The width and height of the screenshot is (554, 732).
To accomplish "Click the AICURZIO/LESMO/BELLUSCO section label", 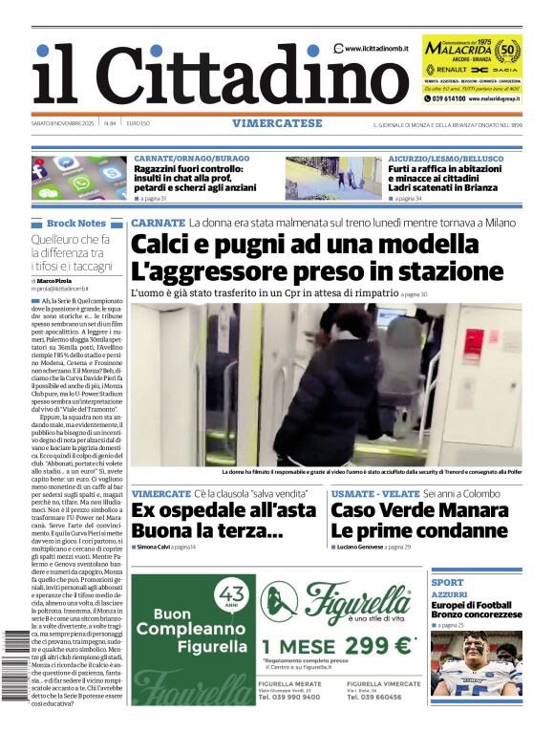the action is tap(446, 159).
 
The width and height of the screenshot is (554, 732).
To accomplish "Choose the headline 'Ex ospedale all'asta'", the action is tap(225, 509).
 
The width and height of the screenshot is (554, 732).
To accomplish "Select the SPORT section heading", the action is tap(448, 582).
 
